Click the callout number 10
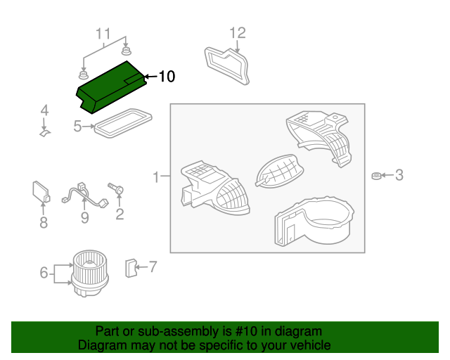coord(166,77)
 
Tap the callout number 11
coord(103,34)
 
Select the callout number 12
coord(238,32)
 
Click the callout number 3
coord(399,175)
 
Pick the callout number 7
coord(153,266)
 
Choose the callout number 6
coord(44,273)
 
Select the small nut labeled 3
coord(376,175)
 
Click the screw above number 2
coord(117,189)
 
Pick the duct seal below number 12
coord(227,64)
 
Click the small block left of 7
coord(130,267)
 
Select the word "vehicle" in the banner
coord(308,345)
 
